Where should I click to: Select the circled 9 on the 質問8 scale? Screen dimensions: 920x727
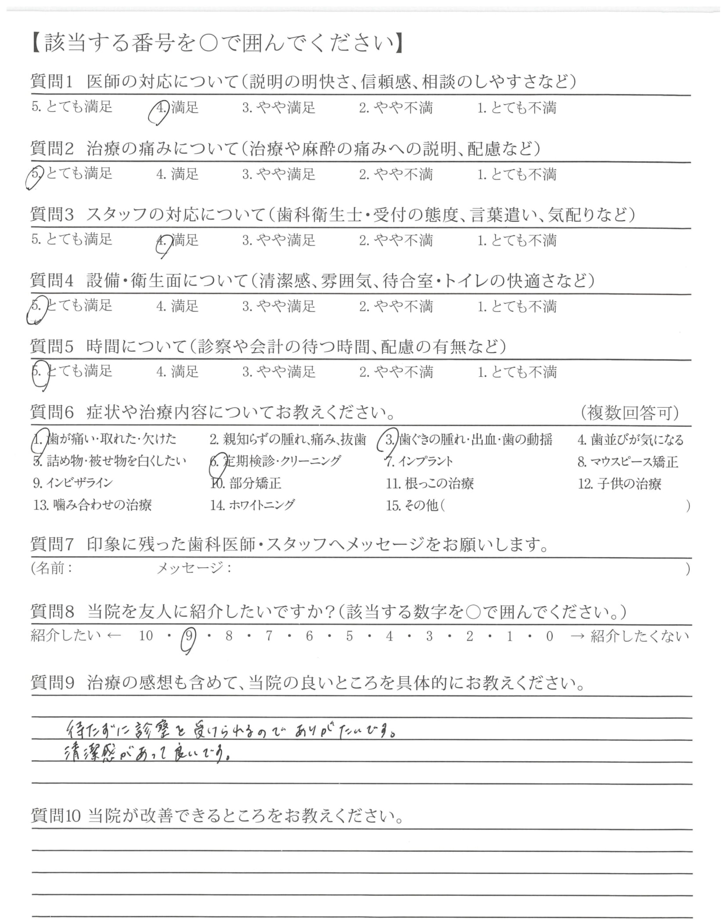point(189,637)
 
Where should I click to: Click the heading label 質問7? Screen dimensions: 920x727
point(52,544)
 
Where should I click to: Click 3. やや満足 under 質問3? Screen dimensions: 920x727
point(279,241)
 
